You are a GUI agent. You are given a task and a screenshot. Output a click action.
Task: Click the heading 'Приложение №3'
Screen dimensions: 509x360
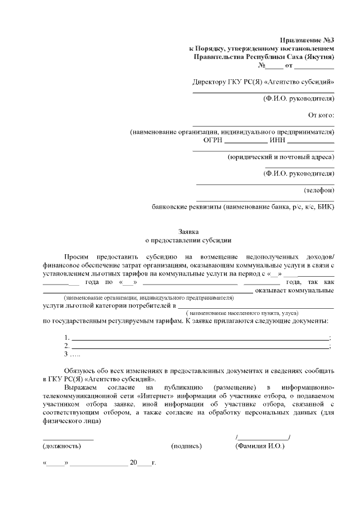click(x=307, y=39)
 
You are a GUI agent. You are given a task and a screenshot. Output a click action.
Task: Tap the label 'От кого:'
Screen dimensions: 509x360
click(x=321, y=116)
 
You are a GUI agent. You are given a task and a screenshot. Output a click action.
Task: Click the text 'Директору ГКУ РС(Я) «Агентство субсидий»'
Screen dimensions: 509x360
click(x=263, y=82)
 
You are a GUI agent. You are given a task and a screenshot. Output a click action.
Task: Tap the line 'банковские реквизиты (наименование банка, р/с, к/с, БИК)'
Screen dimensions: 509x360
click(x=244, y=206)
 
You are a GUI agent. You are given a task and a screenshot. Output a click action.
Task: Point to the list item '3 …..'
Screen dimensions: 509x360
click(x=72, y=355)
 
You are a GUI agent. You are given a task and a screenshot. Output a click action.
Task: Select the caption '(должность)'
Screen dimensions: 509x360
click(x=62, y=445)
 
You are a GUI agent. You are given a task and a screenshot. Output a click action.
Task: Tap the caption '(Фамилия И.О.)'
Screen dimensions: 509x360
click(x=260, y=445)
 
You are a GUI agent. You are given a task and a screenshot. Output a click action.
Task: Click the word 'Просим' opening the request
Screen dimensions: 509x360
click(x=76, y=256)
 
